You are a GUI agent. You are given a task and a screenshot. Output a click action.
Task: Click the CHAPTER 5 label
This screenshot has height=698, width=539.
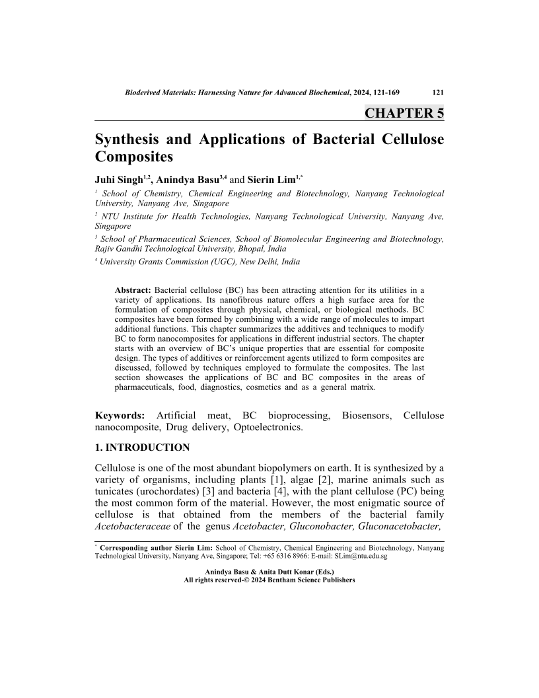pyautogui.click(x=404, y=112)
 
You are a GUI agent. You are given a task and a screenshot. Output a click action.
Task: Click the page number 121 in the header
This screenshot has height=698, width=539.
pyautogui.click(x=437, y=93)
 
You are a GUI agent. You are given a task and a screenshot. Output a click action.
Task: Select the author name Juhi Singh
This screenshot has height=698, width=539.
pyautogui.click(x=120, y=179)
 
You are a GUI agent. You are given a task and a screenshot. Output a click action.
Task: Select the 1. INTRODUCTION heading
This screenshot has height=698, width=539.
pyautogui.click(x=143, y=447)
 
